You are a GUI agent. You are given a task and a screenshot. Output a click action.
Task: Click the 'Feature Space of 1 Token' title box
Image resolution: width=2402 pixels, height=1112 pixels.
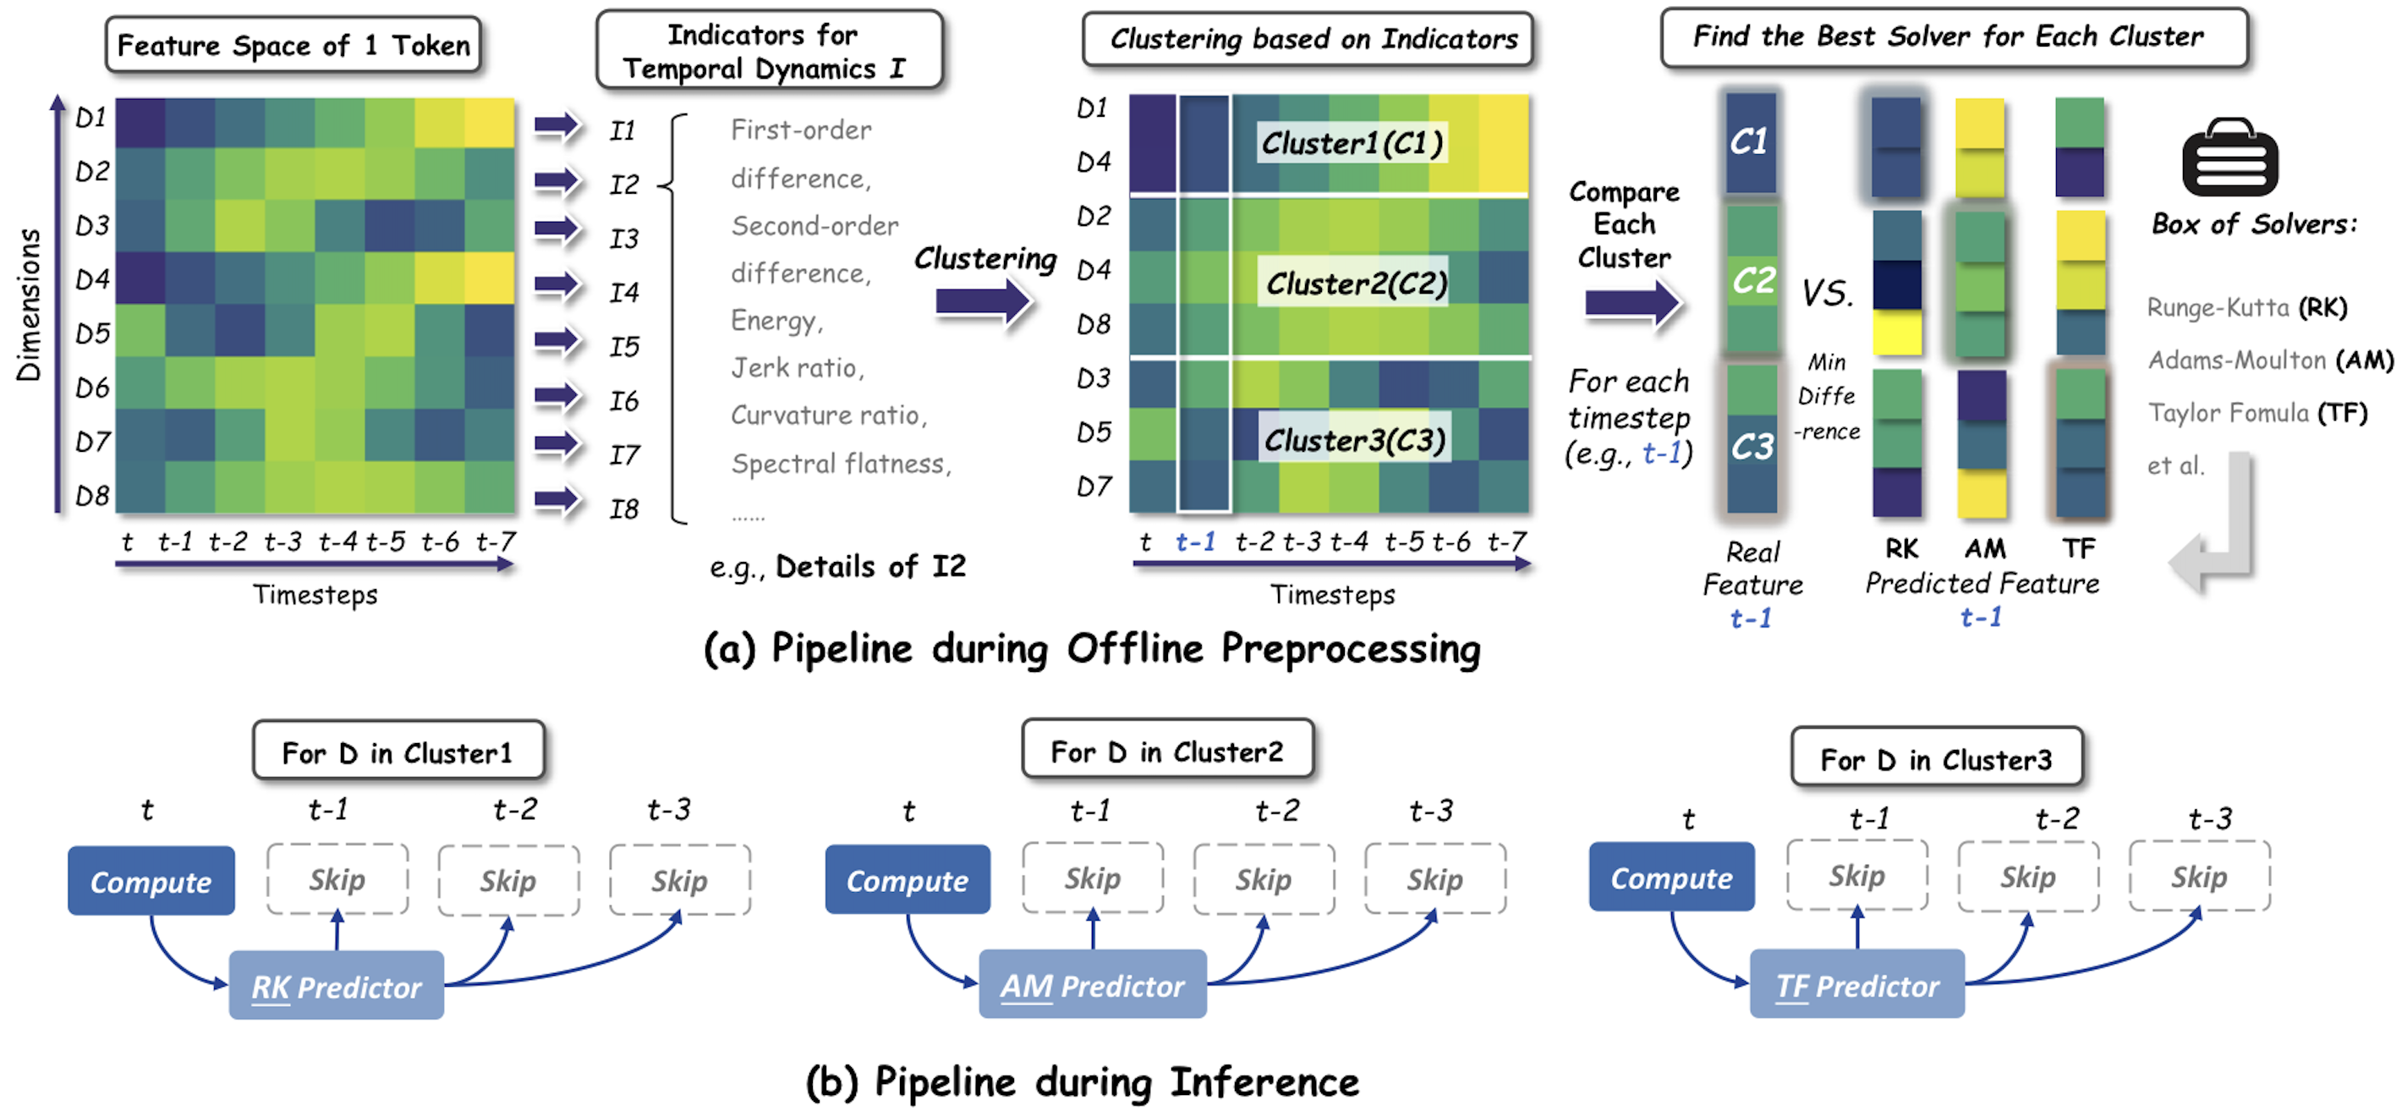(293, 45)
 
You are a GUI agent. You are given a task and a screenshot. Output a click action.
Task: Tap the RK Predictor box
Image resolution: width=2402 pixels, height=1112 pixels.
(336, 985)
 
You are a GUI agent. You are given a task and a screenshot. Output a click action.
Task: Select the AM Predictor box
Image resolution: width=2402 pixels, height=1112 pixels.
(1092, 984)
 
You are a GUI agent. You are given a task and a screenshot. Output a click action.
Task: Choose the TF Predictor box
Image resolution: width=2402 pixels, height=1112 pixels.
(1856, 984)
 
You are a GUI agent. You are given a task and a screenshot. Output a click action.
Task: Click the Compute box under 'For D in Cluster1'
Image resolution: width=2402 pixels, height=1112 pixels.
(151, 881)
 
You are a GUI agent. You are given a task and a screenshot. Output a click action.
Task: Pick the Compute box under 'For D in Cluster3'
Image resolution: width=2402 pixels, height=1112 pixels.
(1671, 877)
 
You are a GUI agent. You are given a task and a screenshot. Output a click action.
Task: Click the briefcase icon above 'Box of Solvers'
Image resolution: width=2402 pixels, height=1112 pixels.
(2229, 157)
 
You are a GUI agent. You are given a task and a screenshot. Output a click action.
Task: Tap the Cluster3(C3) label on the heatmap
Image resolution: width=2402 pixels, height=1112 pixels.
(1354, 438)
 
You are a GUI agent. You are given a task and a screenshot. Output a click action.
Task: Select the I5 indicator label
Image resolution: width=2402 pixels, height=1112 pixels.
(624, 346)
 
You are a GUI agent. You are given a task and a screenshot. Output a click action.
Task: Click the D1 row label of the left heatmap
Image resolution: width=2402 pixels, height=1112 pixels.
(90, 118)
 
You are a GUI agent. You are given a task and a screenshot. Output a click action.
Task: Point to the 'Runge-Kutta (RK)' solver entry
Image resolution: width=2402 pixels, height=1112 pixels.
(2246, 307)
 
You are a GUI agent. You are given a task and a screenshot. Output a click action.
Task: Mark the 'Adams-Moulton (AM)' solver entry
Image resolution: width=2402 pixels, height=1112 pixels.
(2269, 361)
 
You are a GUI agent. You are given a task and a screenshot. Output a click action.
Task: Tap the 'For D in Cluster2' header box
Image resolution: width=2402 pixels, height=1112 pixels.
(1166, 750)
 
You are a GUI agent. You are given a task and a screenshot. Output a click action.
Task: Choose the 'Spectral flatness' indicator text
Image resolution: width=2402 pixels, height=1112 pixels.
(840, 464)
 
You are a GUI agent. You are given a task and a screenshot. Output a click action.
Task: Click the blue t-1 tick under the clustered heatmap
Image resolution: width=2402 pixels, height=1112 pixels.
(1194, 541)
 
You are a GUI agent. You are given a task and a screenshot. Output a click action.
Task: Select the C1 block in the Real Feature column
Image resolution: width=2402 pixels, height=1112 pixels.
(1749, 142)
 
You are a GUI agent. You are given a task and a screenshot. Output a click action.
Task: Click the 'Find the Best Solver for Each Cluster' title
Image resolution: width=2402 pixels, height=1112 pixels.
(1948, 37)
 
